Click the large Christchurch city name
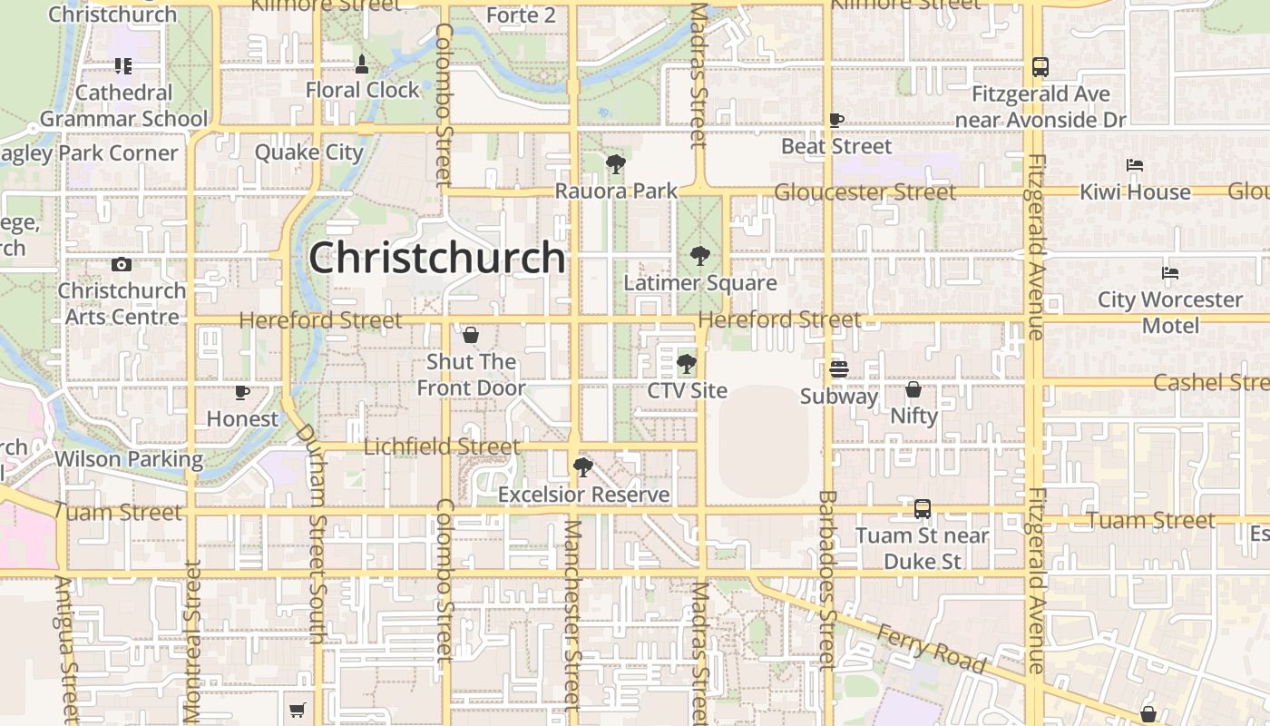pyautogui.click(x=437, y=258)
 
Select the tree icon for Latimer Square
pyautogui.click(x=699, y=256)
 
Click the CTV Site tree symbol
pyautogui.click(x=687, y=365)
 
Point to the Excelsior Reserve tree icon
pyautogui.click(x=583, y=468)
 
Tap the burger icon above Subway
pyautogui.click(x=838, y=369)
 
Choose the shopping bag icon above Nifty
pyautogui.click(x=913, y=389)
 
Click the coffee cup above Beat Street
pyautogui.click(x=836, y=120)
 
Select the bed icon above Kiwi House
pyautogui.click(x=1134, y=165)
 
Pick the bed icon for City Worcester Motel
pyautogui.click(x=1170, y=273)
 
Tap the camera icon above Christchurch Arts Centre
pyautogui.click(x=122, y=265)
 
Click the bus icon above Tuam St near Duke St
pyautogui.click(x=923, y=509)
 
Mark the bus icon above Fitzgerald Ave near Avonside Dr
pyautogui.click(x=1040, y=67)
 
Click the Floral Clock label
pyautogui.click(x=362, y=90)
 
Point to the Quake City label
pyautogui.click(x=308, y=152)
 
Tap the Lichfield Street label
pyautogui.click(x=442, y=446)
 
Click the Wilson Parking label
pyautogui.click(x=129, y=459)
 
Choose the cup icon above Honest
pyautogui.click(x=242, y=392)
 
